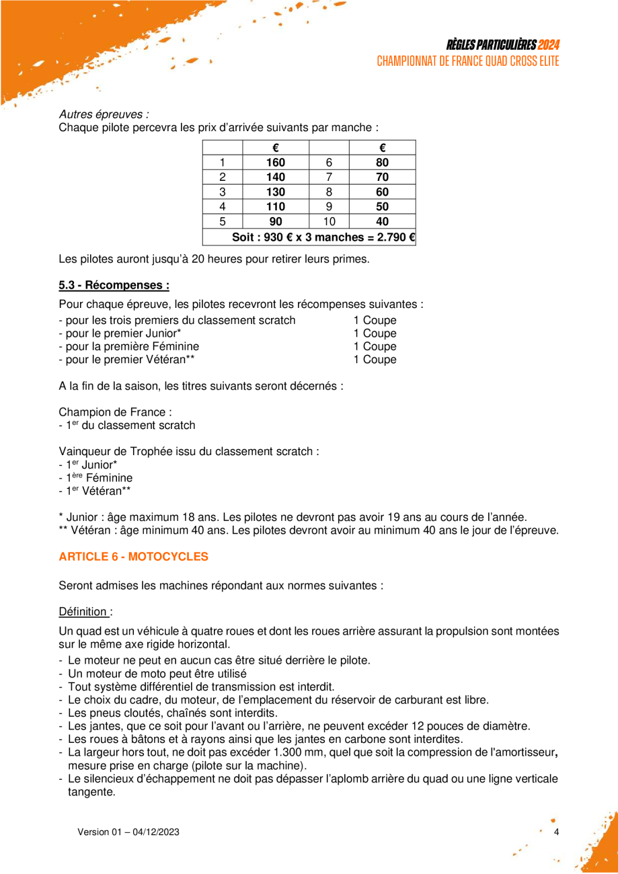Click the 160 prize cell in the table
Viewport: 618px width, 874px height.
276,162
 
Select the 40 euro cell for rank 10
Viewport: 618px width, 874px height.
382,221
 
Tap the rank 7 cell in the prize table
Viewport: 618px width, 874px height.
329,177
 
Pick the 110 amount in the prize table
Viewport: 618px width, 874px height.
276,206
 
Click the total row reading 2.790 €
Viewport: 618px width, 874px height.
322,237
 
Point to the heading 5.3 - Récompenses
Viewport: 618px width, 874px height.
114,285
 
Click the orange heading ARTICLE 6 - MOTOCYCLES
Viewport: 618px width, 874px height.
134,557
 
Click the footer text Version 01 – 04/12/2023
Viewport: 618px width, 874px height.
128,832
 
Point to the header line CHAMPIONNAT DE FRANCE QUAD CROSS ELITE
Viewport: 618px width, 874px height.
468,61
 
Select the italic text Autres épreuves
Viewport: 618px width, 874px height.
104,114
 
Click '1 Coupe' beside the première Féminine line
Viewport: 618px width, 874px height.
375,346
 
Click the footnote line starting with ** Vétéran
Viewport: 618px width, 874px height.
309,530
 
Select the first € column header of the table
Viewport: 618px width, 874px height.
276,147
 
